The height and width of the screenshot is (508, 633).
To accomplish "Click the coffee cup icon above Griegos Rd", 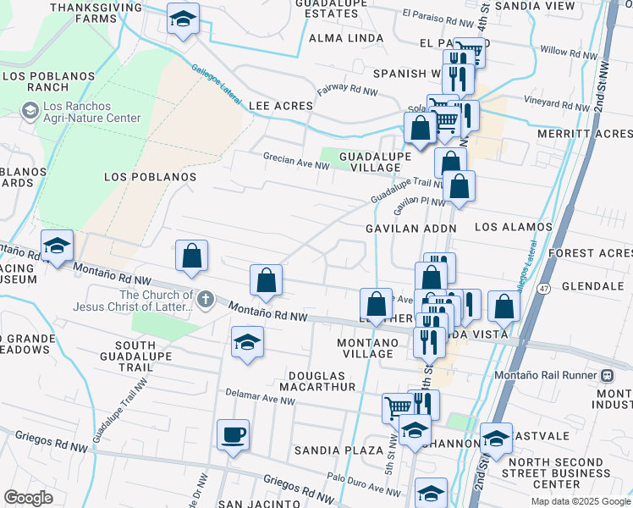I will pyautogui.click(x=233, y=435).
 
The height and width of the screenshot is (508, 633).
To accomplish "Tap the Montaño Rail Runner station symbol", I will pyautogui.click(x=606, y=375).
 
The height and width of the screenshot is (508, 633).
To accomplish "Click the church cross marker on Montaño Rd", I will pyautogui.click(x=205, y=300).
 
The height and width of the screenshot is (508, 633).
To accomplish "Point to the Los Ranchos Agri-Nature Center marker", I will pyautogui.click(x=30, y=111).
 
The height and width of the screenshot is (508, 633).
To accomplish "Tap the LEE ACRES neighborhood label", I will pyautogui.click(x=280, y=106).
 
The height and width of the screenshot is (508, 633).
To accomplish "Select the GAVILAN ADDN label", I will pyautogui.click(x=411, y=229).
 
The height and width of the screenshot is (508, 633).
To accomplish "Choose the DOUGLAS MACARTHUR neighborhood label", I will pyautogui.click(x=333, y=380).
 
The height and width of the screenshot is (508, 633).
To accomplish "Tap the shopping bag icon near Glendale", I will pyautogui.click(x=504, y=307).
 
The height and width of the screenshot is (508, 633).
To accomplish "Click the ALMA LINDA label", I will pyautogui.click(x=336, y=38).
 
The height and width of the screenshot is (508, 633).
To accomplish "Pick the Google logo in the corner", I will pyautogui.click(x=29, y=498).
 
